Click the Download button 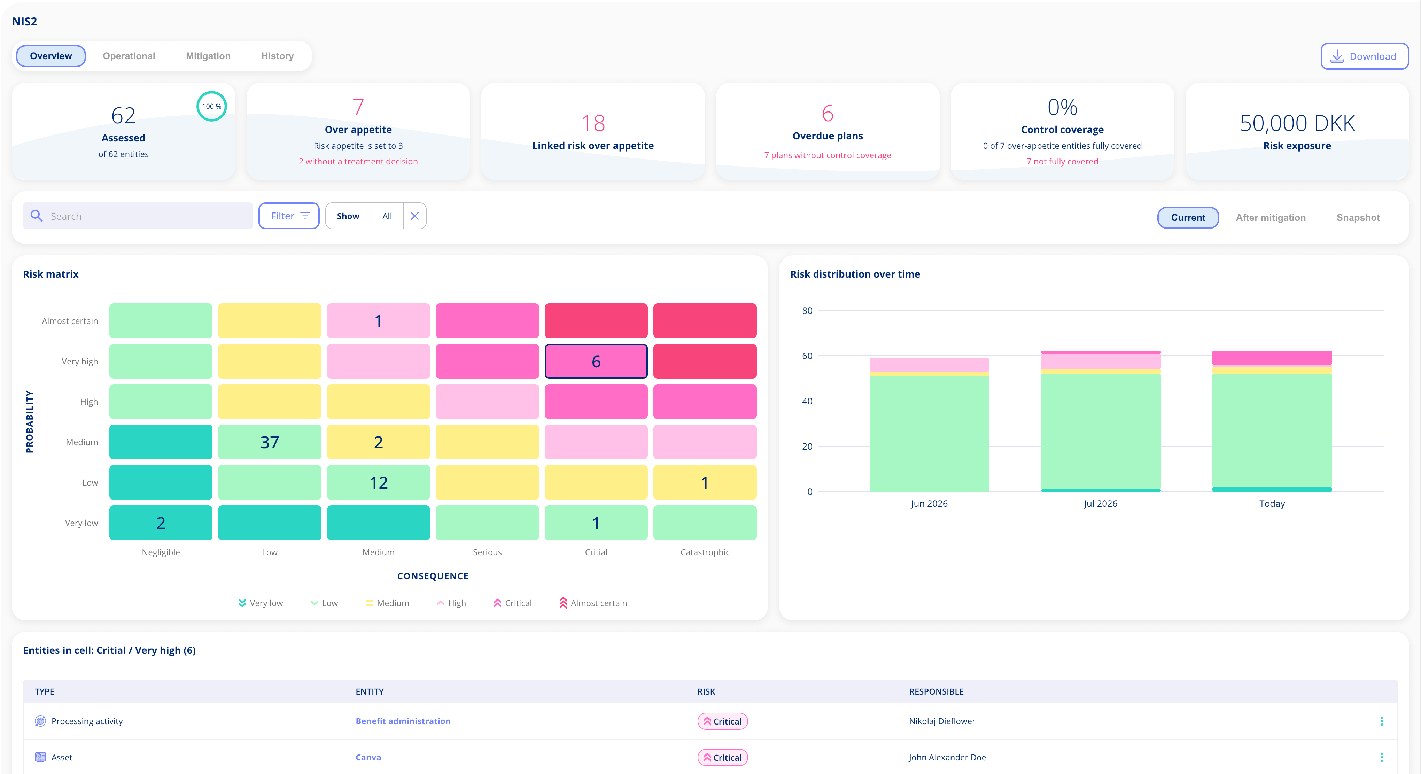[x=1364, y=56]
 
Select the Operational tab [x=129, y=56]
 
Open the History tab [x=277, y=56]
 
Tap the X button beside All [x=415, y=216]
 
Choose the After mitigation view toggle [x=1271, y=217]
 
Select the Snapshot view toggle [x=1358, y=217]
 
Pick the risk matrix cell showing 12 [x=379, y=482]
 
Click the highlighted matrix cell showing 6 [x=596, y=361]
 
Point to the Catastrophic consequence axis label [x=705, y=552]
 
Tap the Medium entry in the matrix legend [x=387, y=603]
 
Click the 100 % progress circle [x=212, y=106]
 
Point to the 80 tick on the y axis [x=807, y=311]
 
